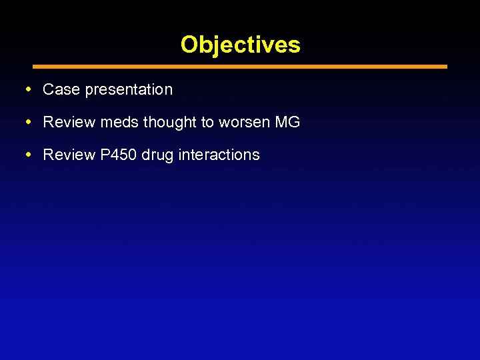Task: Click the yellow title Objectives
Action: coord(240,45)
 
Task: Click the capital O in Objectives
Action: coord(189,45)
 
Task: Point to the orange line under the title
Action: coord(240,67)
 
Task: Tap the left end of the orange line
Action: coord(35,67)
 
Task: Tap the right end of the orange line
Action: coord(445,67)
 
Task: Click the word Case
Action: coord(61,89)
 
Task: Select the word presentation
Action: coord(129,90)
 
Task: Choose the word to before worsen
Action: coord(207,123)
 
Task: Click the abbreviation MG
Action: coord(287,122)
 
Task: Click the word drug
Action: coord(156,155)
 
